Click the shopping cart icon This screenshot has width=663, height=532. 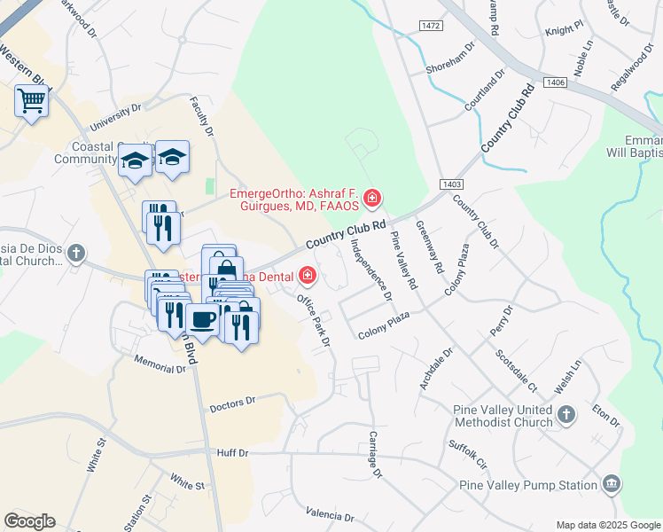(x=31, y=102)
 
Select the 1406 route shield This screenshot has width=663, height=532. (x=556, y=82)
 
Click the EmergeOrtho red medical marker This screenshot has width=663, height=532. (x=373, y=197)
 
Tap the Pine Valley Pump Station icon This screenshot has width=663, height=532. (x=611, y=484)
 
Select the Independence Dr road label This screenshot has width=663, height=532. (x=371, y=270)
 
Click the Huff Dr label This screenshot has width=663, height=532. (x=232, y=452)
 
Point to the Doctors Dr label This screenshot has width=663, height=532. (x=232, y=403)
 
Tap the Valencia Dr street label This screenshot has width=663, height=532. (x=330, y=515)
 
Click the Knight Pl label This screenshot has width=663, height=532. (x=565, y=29)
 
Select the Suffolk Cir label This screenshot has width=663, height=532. (x=468, y=453)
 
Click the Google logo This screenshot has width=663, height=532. (x=29, y=521)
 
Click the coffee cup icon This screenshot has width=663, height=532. (x=203, y=319)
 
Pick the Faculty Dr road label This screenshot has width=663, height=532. (x=202, y=119)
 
